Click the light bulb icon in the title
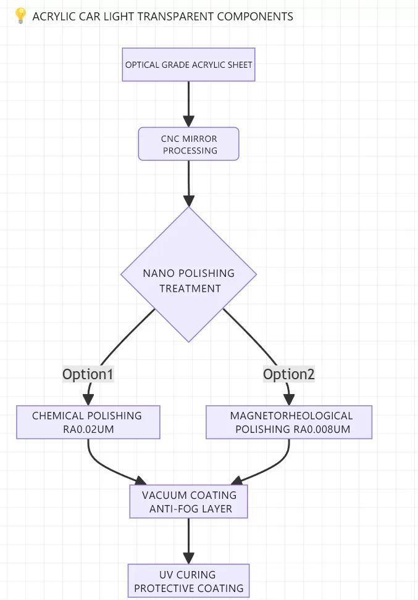(x=19, y=17)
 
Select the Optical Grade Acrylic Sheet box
(x=188, y=64)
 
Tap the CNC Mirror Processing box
(x=189, y=144)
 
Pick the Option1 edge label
(x=88, y=374)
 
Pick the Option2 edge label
(x=289, y=374)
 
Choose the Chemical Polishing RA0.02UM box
(x=88, y=422)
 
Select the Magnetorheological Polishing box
(x=289, y=422)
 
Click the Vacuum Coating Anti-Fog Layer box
(x=188, y=502)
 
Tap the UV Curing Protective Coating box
(x=188, y=581)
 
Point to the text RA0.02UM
(x=88, y=429)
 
